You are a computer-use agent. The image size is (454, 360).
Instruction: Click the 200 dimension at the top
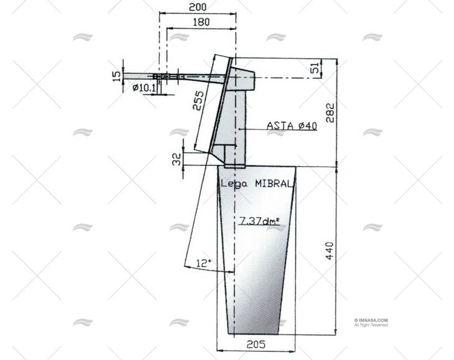pyautogui.click(x=198, y=7)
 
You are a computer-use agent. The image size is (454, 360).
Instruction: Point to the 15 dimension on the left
pyautogui.click(x=116, y=76)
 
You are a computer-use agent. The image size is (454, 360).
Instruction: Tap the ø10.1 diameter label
pyautogui.click(x=144, y=88)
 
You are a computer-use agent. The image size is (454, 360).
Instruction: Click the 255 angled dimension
pyautogui.click(x=198, y=100)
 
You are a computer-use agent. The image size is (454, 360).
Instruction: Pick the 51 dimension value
pyautogui.click(x=315, y=67)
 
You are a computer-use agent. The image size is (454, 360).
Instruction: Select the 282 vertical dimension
pyautogui.click(x=330, y=113)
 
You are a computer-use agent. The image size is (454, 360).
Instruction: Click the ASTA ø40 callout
pyautogui.click(x=292, y=126)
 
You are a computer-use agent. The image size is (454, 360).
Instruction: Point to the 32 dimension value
pyautogui.click(x=176, y=160)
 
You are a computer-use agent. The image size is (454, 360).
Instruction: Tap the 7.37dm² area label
pyautogui.click(x=259, y=220)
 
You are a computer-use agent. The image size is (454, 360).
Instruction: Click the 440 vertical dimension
pyautogui.click(x=330, y=251)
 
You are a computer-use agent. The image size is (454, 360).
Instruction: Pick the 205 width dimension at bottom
pyautogui.click(x=256, y=344)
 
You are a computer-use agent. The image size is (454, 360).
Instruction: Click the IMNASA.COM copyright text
pyautogui.click(x=372, y=320)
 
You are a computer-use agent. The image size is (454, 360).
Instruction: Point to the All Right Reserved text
pyautogui.click(x=371, y=325)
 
